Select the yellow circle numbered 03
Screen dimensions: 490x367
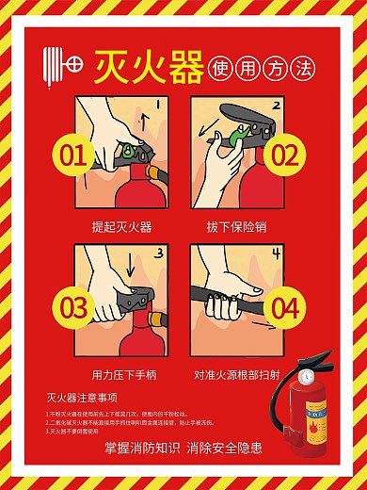point(73,308)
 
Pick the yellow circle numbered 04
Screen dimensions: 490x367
point(284,308)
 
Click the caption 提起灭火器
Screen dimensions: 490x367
point(121,227)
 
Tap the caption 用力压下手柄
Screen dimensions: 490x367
point(121,375)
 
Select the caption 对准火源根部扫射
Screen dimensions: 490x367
point(236,375)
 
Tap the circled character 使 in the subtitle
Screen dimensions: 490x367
point(223,69)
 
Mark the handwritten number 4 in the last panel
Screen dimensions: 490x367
point(277,255)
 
